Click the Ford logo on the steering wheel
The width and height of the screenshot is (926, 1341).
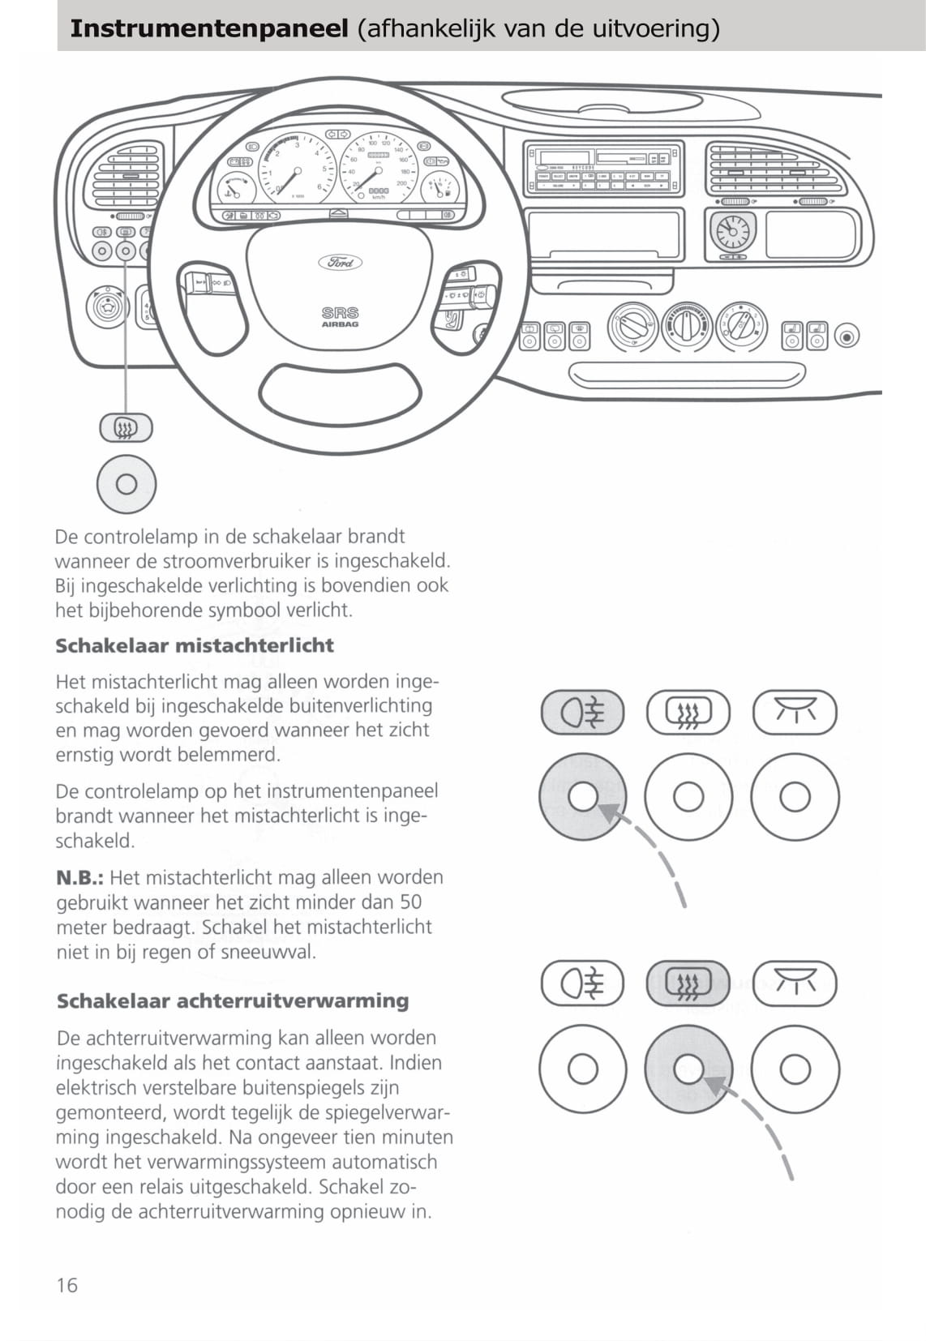pyautogui.click(x=340, y=262)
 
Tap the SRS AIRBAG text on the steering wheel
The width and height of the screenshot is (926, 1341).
pyautogui.click(x=340, y=316)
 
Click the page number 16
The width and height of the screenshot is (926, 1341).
pyautogui.click(x=67, y=1284)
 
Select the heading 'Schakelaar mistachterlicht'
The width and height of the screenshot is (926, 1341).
pyautogui.click(x=195, y=645)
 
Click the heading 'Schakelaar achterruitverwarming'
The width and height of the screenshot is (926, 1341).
pyautogui.click(x=233, y=1000)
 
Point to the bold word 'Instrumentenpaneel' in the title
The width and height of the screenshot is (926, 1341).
pyautogui.click(x=209, y=28)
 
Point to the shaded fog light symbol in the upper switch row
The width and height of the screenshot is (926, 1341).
pyautogui.click(x=582, y=713)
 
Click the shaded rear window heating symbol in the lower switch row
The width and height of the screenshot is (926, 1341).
pyautogui.click(x=688, y=983)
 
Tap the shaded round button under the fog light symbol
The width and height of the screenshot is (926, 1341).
pyautogui.click(x=582, y=796)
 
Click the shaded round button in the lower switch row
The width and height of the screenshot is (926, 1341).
pyautogui.click(x=688, y=1069)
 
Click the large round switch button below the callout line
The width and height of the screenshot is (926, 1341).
pyautogui.click(x=126, y=484)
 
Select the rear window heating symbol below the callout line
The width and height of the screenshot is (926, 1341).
pyautogui.click(x=126, y=427)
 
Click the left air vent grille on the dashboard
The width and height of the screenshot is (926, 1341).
pyautogui.click(x=128, y=176)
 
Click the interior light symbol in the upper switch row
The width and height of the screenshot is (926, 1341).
pyautogui.click(x=794, y=713)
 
